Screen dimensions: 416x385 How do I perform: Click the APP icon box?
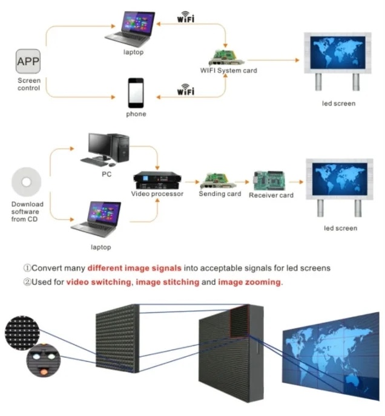pyautogui.click(x=28, y=62)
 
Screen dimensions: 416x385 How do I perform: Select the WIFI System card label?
pyautogui.click(x=228, y=71)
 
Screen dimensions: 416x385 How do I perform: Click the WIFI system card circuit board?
pyautogui.click(x=226, y=56)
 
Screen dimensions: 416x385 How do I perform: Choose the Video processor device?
pyautogui.click(x=157, y=181)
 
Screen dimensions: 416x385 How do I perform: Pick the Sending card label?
pyautogui.click(x=220, y=194)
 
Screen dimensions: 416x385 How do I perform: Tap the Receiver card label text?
pyautogui.click(x=271, y=195)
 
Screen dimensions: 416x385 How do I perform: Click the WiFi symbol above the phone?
pyautogui.click(x=185, y=91)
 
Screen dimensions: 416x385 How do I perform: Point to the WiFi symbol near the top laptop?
pyautogui.click(x=185, y=18)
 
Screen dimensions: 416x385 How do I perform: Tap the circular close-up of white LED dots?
pyautogui.click(x=24, y=331)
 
